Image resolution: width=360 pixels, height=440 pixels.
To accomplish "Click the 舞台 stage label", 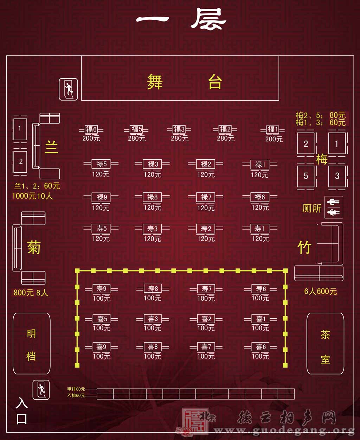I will click(x=180, y=82).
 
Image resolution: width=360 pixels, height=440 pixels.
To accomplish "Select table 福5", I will click(x=136, y=129).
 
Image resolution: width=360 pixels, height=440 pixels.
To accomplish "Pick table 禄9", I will click(x=101, y=197).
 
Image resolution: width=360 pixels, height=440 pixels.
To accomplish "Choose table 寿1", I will click(x=260, y=228).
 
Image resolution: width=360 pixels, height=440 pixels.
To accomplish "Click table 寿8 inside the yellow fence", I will click(x=153, y=288).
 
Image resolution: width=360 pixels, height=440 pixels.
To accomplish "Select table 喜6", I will click(x=261, y=347).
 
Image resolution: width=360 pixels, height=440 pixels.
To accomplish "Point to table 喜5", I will click(x=102, y=319).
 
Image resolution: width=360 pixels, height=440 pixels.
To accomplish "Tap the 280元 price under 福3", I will click(x=180, y=138).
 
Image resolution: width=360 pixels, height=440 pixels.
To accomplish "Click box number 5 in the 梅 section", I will click(x=306, y=176).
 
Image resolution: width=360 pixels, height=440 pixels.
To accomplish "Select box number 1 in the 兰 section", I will click(x=20, y=128).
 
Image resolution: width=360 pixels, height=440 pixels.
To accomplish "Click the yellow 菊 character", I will click(x=34, y=247).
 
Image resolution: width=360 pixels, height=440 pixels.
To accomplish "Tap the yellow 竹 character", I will click(x=304, y=248).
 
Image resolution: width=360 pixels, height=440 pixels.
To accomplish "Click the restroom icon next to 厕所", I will click(x=333, y=207).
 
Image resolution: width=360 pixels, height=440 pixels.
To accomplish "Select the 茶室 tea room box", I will click(x=325, y=344).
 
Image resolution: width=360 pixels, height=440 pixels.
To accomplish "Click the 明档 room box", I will click(x=31, y=344).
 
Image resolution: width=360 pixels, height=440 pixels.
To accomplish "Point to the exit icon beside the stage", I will click(x=68, y=89).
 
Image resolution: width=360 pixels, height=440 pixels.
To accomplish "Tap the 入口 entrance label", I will click(x=22, y=410).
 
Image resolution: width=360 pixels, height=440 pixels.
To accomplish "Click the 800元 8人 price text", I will click(x=31, y=292).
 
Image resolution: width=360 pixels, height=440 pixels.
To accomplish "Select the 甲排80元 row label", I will click(x=76, y=389).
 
